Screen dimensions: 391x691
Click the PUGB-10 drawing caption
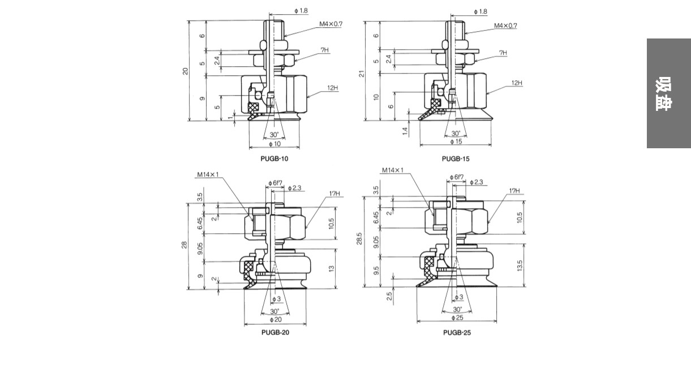click(274, 158)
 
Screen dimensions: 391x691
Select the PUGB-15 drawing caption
click(456, 158)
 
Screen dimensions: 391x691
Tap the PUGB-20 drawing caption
click(275, 332)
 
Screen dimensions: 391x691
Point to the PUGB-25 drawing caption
click(457, 332)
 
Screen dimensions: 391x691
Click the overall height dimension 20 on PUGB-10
click(185, 71)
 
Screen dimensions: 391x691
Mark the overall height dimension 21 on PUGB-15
click(362, 73)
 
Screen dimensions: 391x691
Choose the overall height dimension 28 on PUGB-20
click(184, 245)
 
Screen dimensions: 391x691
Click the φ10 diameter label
click(274, 144)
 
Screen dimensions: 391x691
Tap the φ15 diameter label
click(456, 141)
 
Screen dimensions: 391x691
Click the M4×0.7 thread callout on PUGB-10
click(331, 24)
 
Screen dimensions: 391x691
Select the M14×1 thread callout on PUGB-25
click(393, 170)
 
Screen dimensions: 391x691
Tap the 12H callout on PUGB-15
click(517, 83)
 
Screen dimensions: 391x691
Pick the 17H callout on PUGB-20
click(334, 194)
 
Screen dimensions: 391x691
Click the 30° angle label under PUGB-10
click(274, 135)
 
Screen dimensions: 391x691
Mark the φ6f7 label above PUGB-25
click(457, 177)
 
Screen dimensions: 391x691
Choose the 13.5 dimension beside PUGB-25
click(520, 265)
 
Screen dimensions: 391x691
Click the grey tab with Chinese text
click(668, 93)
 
